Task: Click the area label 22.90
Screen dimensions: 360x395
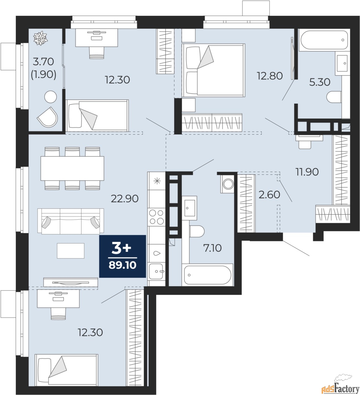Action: pyautogui.click(x=125, y=199)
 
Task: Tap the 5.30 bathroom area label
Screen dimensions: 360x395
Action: pyautogui.click(x=320, y=82)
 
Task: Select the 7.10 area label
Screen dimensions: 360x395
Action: pyautogui.click(x=212, y=248)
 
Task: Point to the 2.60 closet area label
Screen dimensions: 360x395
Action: pyautogui.click(x=269, y=194)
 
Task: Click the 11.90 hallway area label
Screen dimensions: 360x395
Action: pyautogui.click(x=307, y=172)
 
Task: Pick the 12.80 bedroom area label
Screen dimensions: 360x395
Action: pyautogui.click(x=270, y=76)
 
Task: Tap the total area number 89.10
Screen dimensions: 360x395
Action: pyautogui.click(x=122, y=265)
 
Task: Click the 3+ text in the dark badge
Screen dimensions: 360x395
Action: pyautogui.click(x=121, y=248)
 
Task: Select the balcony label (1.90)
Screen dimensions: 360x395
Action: pyautogui.click(x=43, y=74)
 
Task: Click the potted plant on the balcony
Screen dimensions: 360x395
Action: pyautogui.click(x=40, y=38)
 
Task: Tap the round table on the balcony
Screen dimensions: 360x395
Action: pyautogui.click(x=51, y=97)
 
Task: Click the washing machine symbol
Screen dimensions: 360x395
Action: pyautogui.click(x=228, y=184)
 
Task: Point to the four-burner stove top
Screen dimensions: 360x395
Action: pyautogui.click(x=157, y=217)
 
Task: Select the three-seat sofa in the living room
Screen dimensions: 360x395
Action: pyautogui.click(x=71, y=221)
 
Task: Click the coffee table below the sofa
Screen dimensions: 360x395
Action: pyautogui.click(x=71, y=251)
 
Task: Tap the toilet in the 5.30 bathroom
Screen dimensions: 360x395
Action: pyautogui.click(x=334, y=97)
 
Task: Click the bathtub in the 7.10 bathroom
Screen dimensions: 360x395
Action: pyautogui.click(x=207, y=275)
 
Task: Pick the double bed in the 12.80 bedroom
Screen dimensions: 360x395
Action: pyautogui.click(x=213, y=70)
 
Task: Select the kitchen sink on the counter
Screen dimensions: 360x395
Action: pyautogui.click(x=156, y=271)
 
